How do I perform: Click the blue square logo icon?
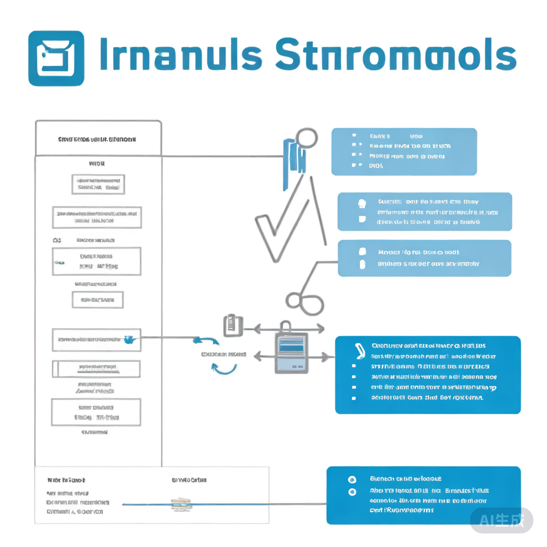tap(56, 58)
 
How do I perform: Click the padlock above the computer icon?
tap(286, 326)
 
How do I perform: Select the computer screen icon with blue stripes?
tap(291, 353)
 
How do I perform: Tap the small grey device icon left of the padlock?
tap(232, 325)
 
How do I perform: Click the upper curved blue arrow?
tap(205, 342)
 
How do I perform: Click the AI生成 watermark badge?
tap(501, 520)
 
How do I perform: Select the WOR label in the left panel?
tap(97, 164)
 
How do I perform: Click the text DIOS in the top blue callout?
tap(376, 166)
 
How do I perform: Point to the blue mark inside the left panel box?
tap(129, 339)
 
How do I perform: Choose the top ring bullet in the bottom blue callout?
tap(351, 480)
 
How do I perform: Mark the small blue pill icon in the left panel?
tap(59, 263)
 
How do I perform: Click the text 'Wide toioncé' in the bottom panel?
tap(66, 480)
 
